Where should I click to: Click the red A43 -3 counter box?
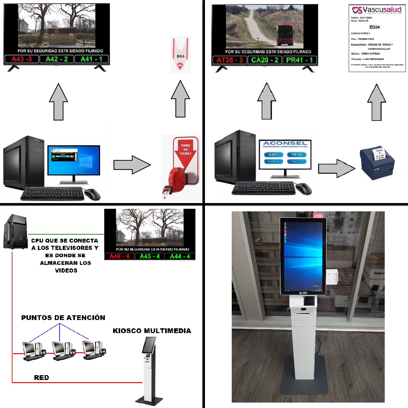(22, 59)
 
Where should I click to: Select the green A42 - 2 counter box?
(57, 59)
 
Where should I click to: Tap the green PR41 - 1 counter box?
(299, 60)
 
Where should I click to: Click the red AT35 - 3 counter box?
(229, 60)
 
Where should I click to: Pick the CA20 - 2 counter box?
(265, 60)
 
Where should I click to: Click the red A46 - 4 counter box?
(119, 256)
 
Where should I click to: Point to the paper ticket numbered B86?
(180, 56)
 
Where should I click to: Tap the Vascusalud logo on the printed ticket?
(377, 10)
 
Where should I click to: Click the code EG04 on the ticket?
(375, 27)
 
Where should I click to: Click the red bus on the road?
(285, 35)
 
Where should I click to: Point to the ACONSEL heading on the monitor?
(285, 143)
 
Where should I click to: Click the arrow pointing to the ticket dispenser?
(132, 165)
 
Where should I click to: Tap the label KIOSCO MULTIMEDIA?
(152, 331)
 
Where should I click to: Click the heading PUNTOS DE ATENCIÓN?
(63, 317)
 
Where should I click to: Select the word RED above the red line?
(41, 378)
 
